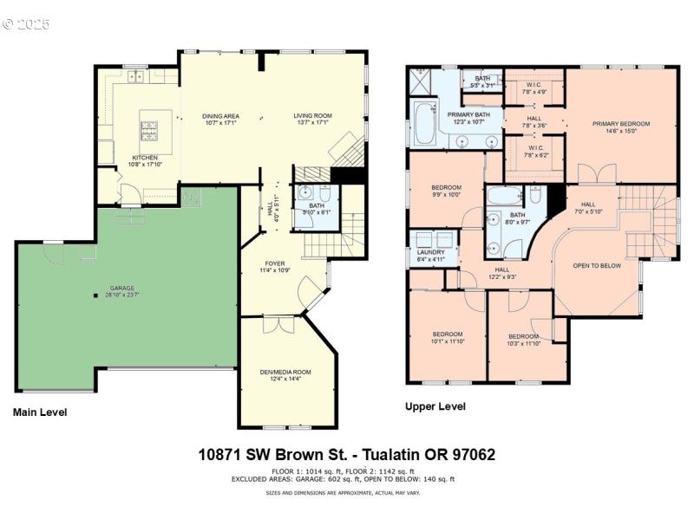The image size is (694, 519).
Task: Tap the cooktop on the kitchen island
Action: point(149,132)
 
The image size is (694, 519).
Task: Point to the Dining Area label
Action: point(220,115)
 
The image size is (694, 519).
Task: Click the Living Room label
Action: point(312,115)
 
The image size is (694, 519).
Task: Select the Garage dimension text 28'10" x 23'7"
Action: point(121,294)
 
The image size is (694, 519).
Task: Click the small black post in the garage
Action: point(96,296)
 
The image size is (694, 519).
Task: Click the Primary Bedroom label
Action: point(620,124)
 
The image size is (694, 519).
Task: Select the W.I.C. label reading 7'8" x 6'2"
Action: point(534,154)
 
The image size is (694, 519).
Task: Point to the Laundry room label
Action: point(430,252)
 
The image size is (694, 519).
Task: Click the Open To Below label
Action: point(597,266)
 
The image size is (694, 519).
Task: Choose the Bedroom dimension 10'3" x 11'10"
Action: point(523,343)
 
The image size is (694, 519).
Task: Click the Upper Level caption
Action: point(435,406)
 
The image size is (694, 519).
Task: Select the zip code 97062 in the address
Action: point(469,454)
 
